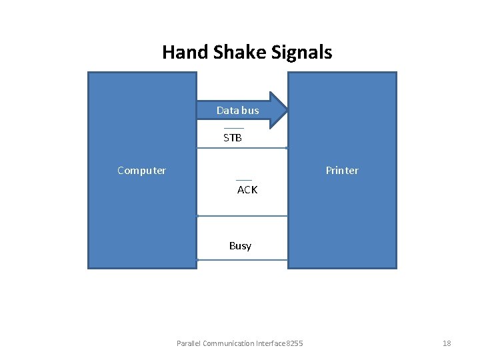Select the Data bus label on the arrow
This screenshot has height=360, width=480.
[x=237, y=110]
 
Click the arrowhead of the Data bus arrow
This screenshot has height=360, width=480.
[x=279, y=110]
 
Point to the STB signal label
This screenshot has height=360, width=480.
[x=233, y=138]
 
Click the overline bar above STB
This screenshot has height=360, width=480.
[x=233, y=128]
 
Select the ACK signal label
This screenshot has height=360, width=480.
[x=247, y=190]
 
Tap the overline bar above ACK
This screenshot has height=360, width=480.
[x=244, y=180]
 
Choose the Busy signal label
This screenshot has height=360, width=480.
[x=240, y=246]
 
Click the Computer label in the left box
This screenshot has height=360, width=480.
[x=141, y=171]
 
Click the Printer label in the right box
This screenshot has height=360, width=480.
[x=342, y=171]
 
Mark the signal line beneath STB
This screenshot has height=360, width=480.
[x=242, y=148]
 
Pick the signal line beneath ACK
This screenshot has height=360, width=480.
[x=242, y=216]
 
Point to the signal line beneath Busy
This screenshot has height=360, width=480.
[x=242, y=260]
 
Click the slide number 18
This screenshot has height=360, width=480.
[x=447, y=343]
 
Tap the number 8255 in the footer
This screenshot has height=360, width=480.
[x=294, y=343]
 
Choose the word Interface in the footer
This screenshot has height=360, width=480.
[x=270, y=343]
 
